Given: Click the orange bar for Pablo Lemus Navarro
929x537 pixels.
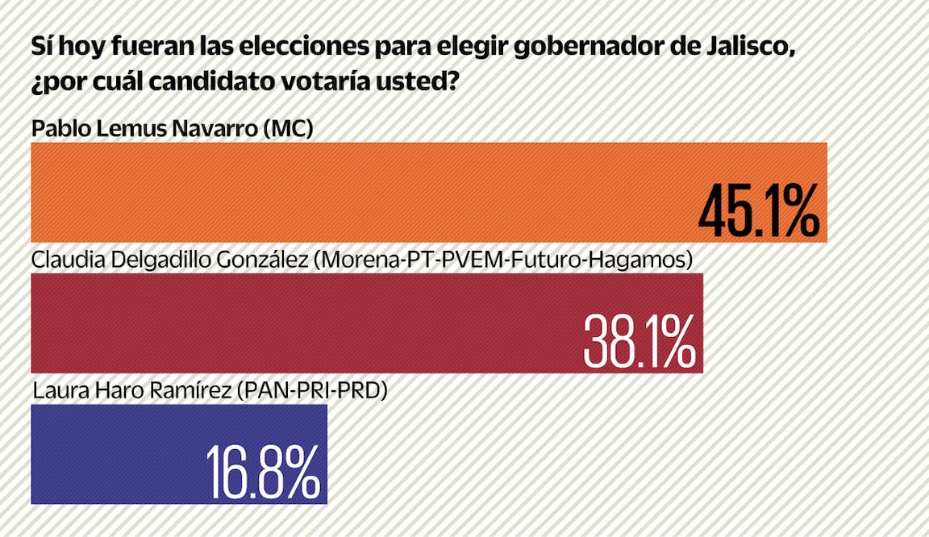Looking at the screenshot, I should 363,192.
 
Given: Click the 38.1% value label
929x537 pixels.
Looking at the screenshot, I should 639,343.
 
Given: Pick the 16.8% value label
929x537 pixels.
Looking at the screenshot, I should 263,473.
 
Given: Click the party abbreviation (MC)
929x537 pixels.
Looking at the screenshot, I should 288,128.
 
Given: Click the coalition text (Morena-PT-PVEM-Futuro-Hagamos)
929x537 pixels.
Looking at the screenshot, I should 502,260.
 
